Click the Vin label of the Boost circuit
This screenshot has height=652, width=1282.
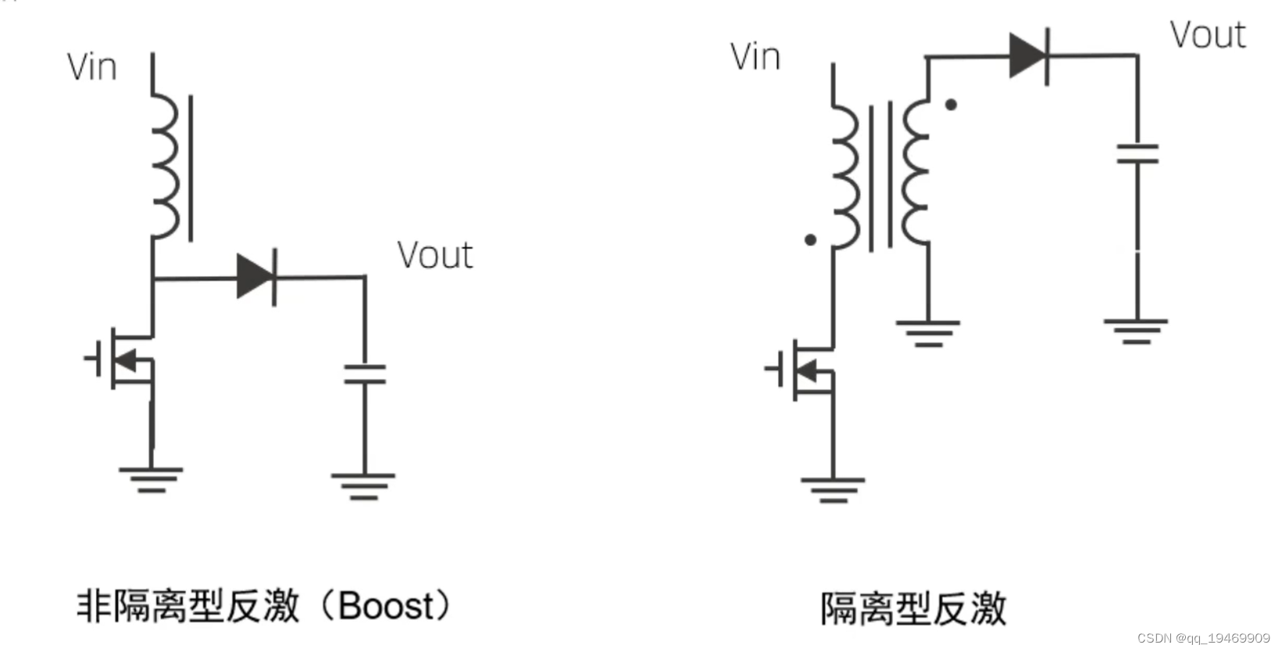point(92,67)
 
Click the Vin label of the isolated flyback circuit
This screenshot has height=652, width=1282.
point(755,57)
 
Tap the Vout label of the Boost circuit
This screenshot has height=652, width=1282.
point(434,255)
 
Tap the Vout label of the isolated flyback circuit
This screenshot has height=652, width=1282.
point(1207,35)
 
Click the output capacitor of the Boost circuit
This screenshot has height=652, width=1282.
point(365,374)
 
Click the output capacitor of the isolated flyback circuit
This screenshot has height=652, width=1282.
point(1137,152)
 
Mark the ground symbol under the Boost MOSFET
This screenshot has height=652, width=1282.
point(151,478)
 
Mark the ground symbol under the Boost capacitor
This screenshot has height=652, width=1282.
point(363,485)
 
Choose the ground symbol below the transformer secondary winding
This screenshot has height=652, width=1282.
point(928,332)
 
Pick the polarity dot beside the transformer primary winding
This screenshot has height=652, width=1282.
point(810,240)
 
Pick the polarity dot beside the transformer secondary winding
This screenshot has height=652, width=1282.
point(951,104)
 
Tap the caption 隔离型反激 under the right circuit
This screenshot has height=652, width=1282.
point(912,608)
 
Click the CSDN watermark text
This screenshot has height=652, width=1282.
point(1203,638)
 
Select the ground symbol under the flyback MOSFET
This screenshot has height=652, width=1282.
point(833,489)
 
